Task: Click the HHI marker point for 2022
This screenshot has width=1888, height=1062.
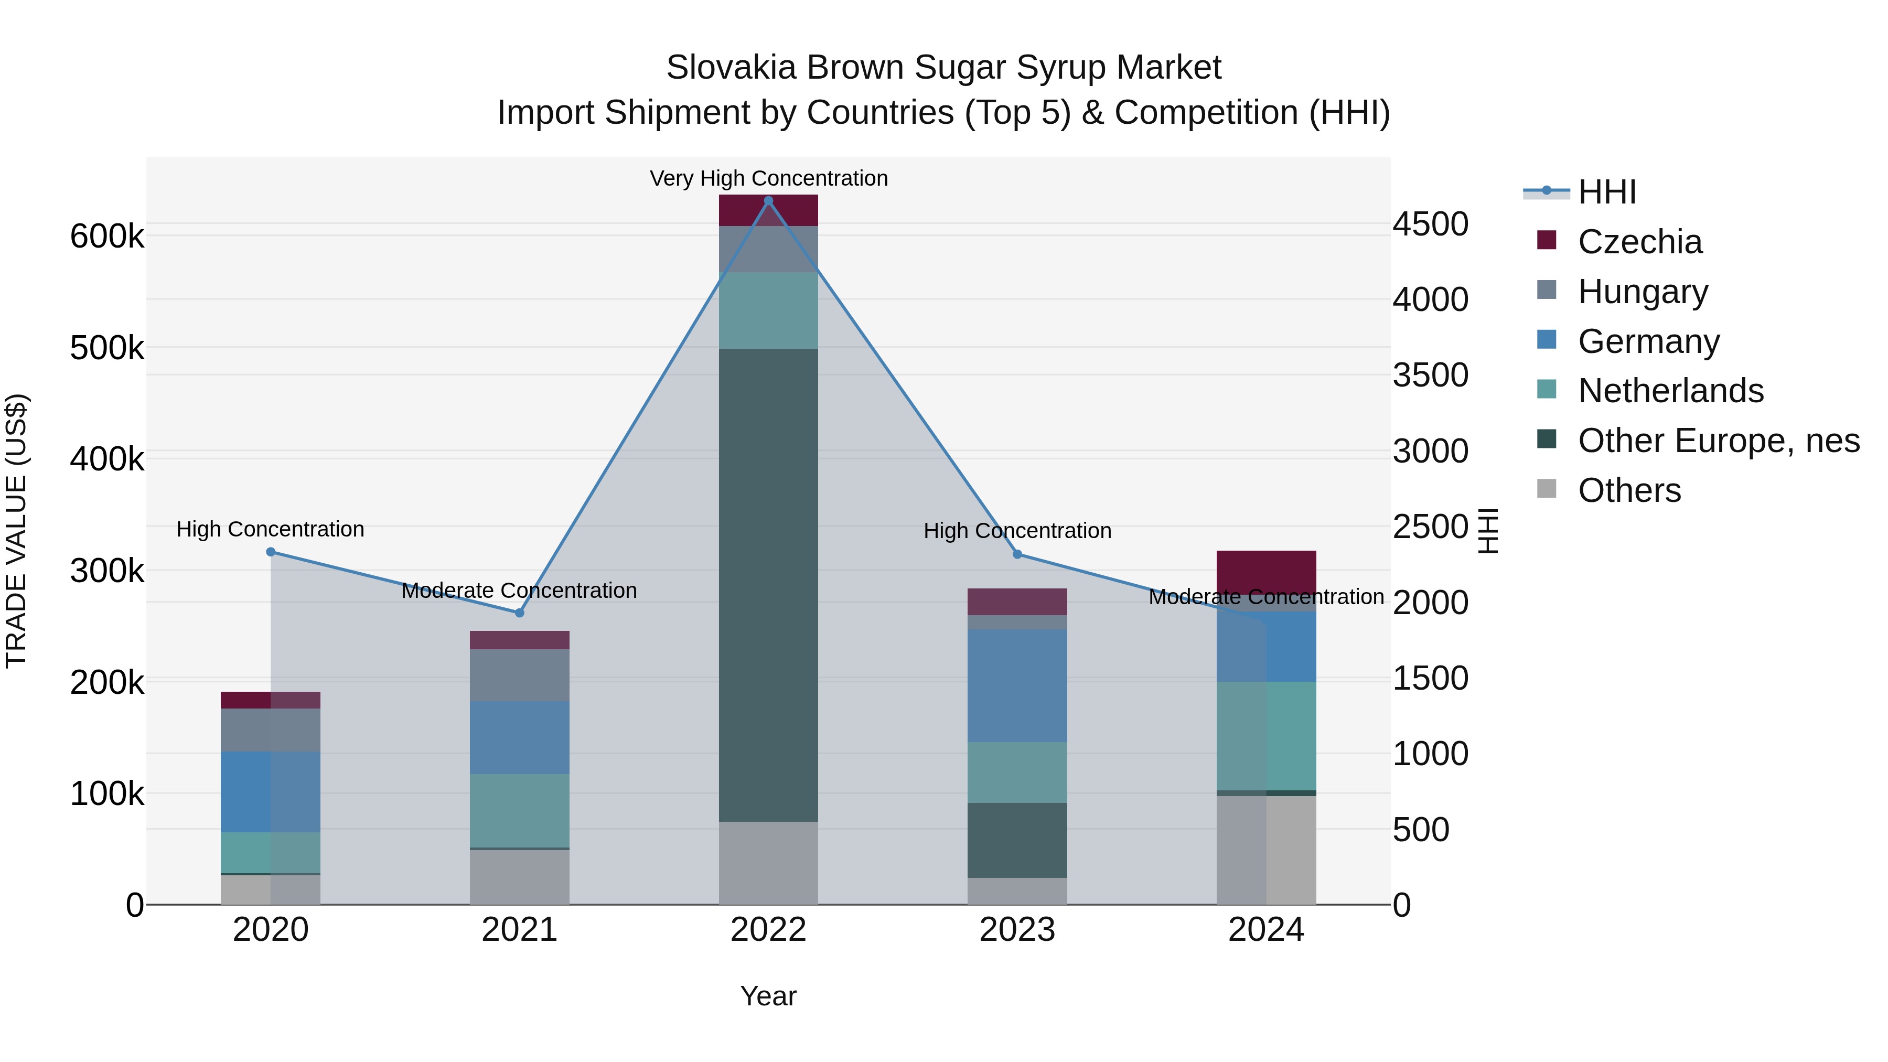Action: pyautogui.click(x=768, y=201)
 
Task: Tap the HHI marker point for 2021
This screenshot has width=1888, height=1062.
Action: pyautogui.click(x=520, y=613)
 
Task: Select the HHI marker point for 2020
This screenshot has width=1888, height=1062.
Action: pyautogui.click(x=271, y=552)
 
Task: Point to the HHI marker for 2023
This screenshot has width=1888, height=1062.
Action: pyautogui.click(x=1017, y=554)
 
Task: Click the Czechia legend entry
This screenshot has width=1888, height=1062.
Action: pyautogui.click(x=1639, y=242)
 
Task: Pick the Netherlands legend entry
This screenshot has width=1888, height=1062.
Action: pyautogui.click(x=1670, y=391)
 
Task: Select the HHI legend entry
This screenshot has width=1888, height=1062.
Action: pyautogui.click(x=1606, y=192)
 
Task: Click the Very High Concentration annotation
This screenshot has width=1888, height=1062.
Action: pyautogui.click(x=768, y=178)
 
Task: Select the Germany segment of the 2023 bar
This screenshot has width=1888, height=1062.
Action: pyautogui.click(x=1017, y=685)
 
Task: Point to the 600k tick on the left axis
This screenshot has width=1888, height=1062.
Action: pyautogui.click(x=107, y=237)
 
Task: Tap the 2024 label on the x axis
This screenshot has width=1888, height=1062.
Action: pyautogui.click(x=1266, y=930)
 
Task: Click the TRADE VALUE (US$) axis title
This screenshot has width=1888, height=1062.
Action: pyautogui.click(x=16, y=531)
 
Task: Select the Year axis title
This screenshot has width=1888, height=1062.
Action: pyautogui.click(x=768, y=996)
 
